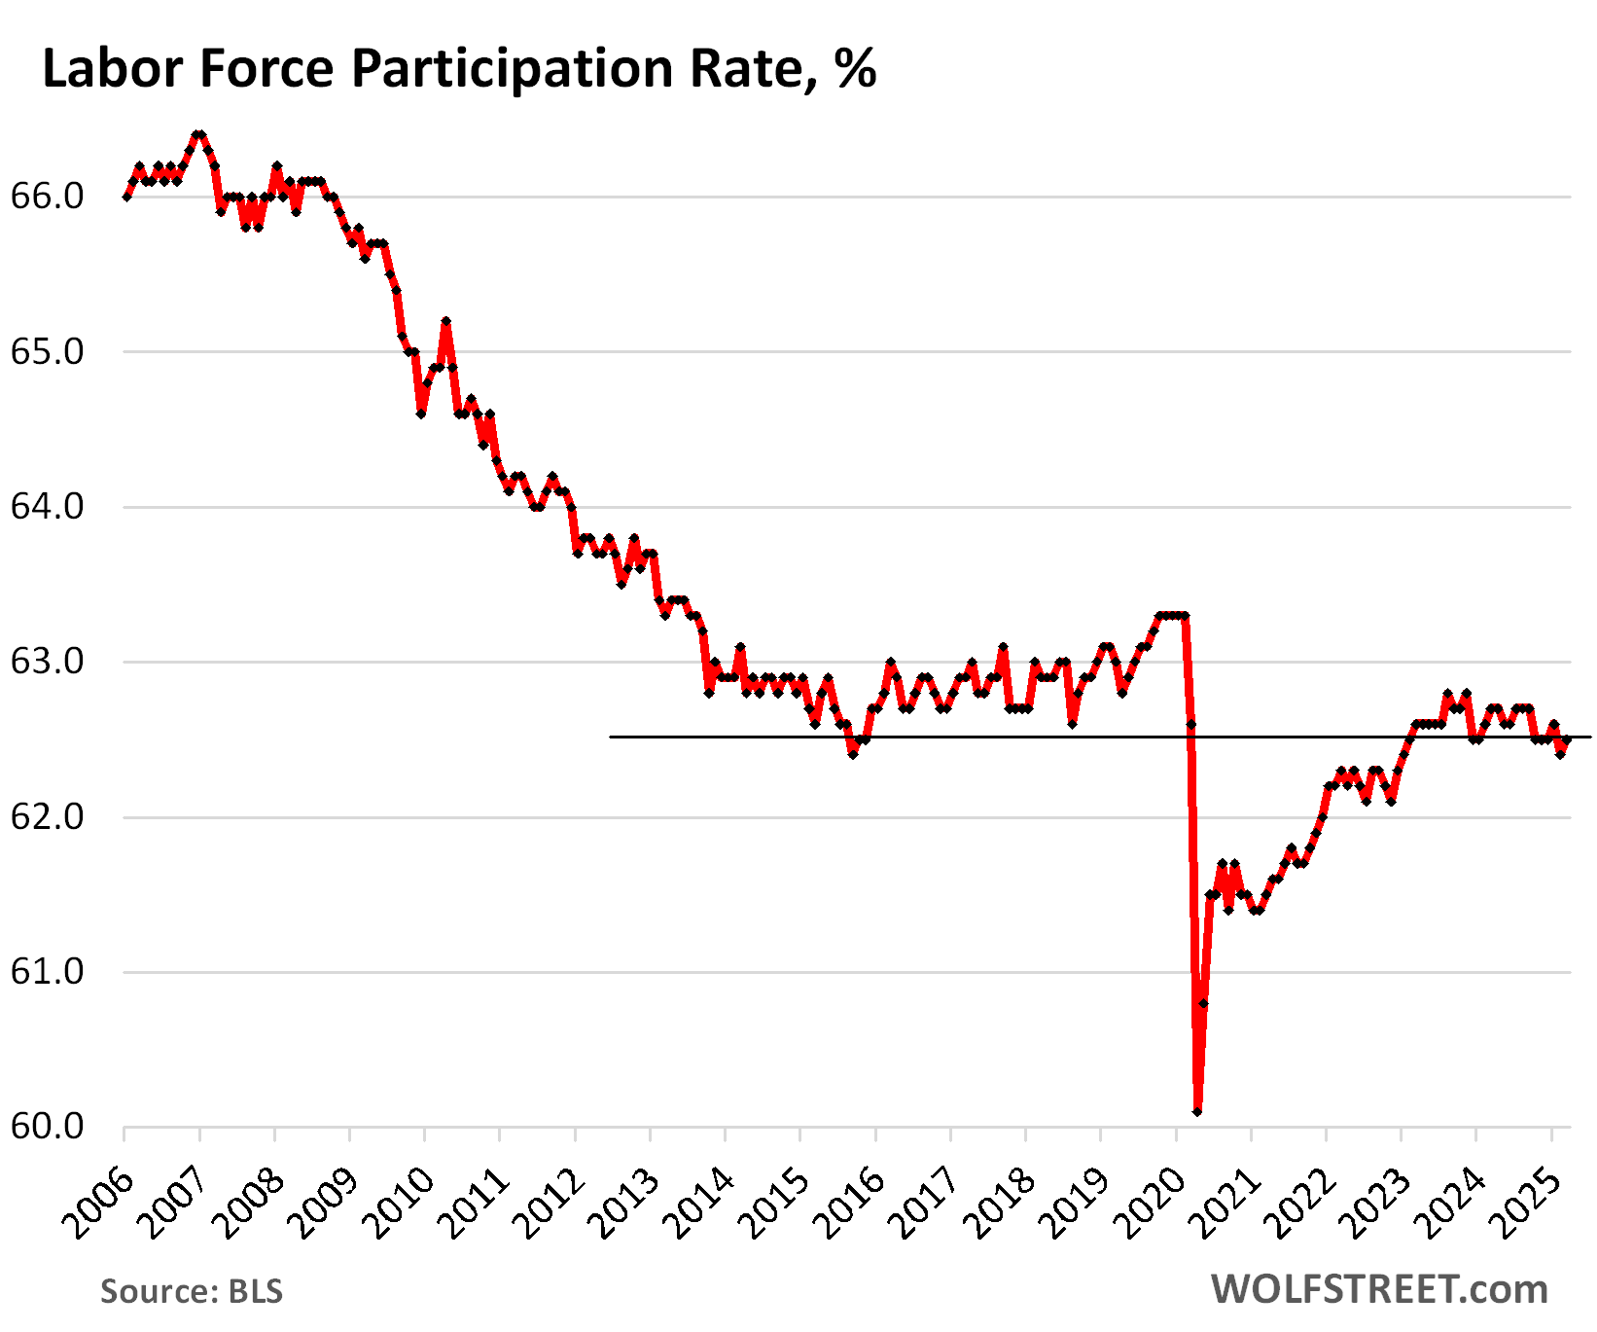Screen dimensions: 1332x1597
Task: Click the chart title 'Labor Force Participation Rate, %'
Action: coord(459,70)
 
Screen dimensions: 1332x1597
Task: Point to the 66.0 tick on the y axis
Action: coord(47,198)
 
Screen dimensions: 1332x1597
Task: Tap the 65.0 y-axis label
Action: coord(47,352)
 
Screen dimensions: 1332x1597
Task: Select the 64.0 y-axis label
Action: coord(47,507)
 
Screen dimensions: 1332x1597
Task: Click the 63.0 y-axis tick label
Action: coord(47,663)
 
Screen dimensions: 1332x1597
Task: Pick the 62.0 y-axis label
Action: coord(47,817)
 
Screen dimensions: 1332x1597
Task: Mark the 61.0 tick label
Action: coord(47,972)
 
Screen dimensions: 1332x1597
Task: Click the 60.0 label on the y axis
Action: coord(47,1127)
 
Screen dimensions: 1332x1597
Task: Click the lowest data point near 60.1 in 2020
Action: coord(1197,1111)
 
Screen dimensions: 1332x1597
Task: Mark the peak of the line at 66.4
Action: coord(199,134)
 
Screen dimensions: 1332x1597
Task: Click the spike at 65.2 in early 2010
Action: coord(445,321)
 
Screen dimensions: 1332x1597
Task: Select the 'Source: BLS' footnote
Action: coord(192,1291)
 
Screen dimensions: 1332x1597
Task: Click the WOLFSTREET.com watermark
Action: coord(1379,1289)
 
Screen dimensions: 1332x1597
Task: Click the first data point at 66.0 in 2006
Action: coord(126,198)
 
